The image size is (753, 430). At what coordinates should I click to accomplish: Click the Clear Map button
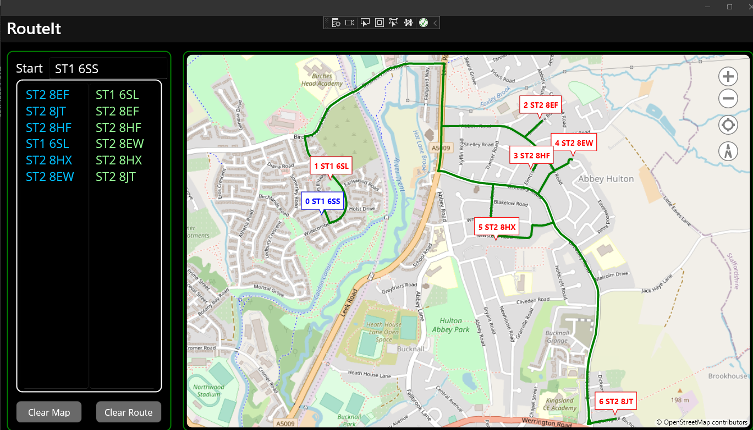49,412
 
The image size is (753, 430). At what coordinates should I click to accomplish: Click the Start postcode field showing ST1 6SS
108,69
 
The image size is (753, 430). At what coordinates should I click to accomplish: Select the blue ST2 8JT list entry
46,112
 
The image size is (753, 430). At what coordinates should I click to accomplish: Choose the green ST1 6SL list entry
117,95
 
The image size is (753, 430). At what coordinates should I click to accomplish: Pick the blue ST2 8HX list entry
49,161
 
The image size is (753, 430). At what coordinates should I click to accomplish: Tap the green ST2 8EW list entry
119,144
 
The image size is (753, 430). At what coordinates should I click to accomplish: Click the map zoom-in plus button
728,77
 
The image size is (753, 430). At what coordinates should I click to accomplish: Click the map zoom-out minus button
728,100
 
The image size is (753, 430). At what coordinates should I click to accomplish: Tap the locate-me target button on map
728,125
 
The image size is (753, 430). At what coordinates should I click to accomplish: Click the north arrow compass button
728,151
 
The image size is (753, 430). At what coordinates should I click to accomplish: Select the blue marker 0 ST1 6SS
322,201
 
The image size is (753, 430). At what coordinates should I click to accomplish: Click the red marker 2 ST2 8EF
540,104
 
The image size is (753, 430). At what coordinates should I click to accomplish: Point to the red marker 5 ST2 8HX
496,227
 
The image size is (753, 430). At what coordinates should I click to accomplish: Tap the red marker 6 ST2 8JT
615,401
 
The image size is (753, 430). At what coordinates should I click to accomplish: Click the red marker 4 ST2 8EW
573,143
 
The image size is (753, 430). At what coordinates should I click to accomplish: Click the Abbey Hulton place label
606,179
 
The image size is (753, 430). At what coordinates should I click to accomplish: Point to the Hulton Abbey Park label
450,325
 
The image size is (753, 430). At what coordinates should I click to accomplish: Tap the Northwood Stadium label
209,390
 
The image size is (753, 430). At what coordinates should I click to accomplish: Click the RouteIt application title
34,29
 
